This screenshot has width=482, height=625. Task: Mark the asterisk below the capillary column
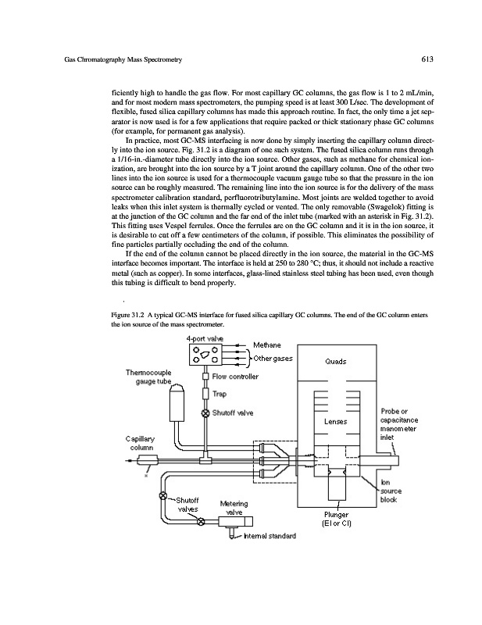(x=145, y=475)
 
